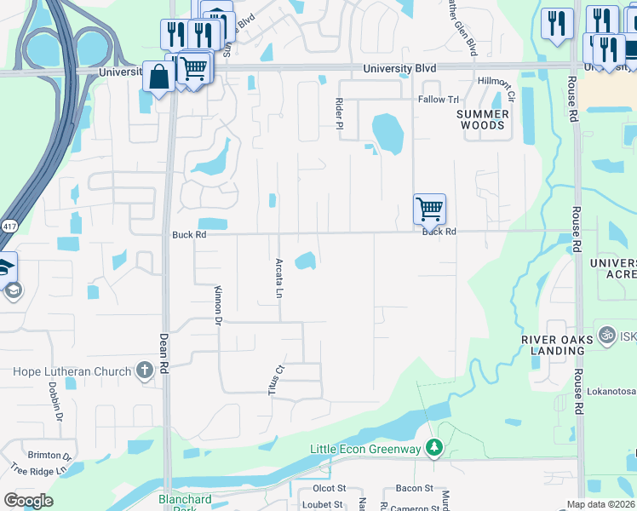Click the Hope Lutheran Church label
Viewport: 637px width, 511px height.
pyautogui.click(x=72, y=371)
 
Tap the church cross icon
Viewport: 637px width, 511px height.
pyautogui.click(x=145, y=370)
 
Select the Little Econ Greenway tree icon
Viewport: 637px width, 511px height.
pyautogui.click(x=434, y=448)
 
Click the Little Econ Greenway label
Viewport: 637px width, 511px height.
pyautogui.click(x=365, y=449)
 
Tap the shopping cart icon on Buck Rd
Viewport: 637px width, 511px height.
pyautogui.click(x=429, y=208)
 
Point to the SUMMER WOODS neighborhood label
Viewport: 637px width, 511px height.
pyautogui.click(x=482, y=119)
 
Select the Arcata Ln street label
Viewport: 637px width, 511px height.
pyautogui.click(x=278, y=278)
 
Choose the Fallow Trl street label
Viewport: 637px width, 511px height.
pyautogui.click(x=438, y=100)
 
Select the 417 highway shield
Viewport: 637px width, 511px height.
pyautogui.click(x=9, y=227)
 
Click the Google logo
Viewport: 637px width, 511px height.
pyautogui.click(x=28, y=500)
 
